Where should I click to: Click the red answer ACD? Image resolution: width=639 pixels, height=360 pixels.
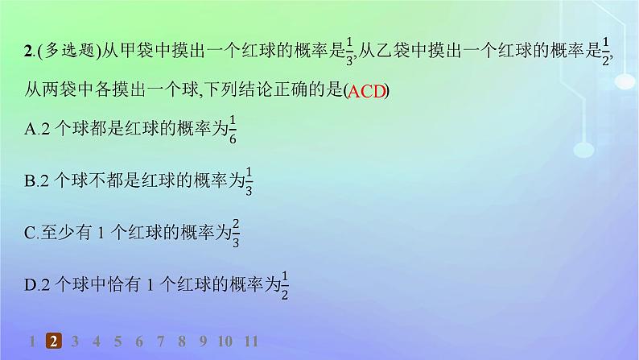tap(366, 91)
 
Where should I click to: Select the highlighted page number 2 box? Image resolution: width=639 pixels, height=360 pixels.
tap(53, 341)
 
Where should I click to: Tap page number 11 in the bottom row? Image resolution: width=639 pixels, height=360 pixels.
tap(250, 341)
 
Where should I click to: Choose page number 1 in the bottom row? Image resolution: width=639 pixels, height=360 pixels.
tap(32, 341)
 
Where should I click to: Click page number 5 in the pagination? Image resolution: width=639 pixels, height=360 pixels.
tap(117, 341)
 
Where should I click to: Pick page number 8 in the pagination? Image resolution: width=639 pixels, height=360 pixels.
tap(181, 341)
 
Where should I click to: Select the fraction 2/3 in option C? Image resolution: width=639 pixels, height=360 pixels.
tap(236, 233)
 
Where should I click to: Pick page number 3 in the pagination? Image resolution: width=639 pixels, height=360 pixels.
tap(75, 341)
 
